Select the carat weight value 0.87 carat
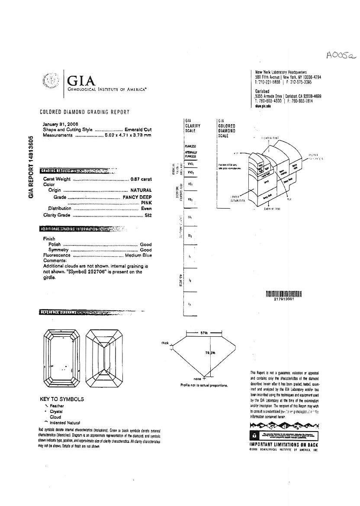click(141, 179)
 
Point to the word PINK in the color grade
click(146, 203)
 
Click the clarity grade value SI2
click(148, 215)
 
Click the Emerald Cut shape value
click(138, 129)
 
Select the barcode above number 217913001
click(283, 294)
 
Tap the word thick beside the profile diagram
click(165, 343)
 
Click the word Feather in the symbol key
click(57, 406)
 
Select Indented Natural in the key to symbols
click(65, 422)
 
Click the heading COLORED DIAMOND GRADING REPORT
click(84, 112)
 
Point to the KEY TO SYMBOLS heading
click(62, 399)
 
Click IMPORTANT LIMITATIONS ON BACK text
click(284, 445)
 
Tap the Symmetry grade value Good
click(146, 250)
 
